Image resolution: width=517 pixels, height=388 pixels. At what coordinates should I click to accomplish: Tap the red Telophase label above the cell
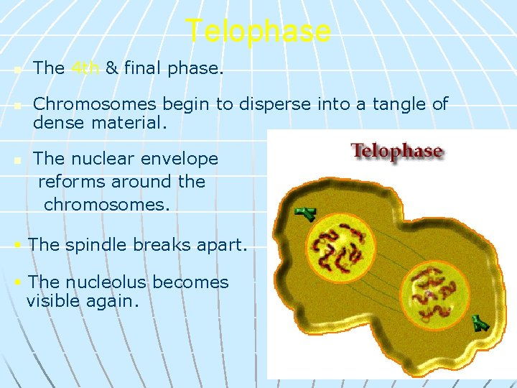[396, 152]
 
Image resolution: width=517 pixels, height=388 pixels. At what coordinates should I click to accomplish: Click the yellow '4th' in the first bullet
[85, 68]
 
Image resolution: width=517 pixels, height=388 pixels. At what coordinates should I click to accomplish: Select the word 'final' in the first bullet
[142, 68]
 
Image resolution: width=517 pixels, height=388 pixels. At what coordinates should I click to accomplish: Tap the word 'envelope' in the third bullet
[182, 159]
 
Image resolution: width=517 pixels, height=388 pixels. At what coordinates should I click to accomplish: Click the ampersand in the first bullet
[112, 68]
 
